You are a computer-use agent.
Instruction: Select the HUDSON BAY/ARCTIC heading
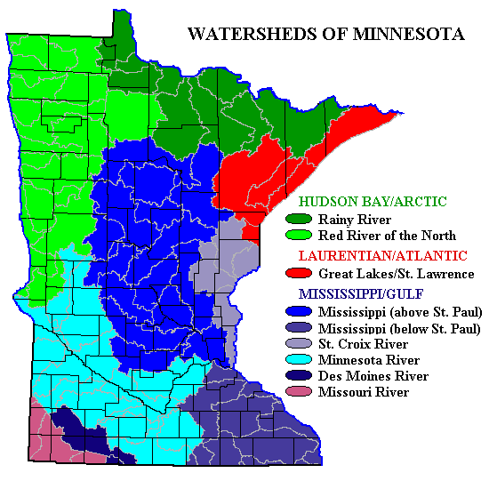(x=373, y=202)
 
